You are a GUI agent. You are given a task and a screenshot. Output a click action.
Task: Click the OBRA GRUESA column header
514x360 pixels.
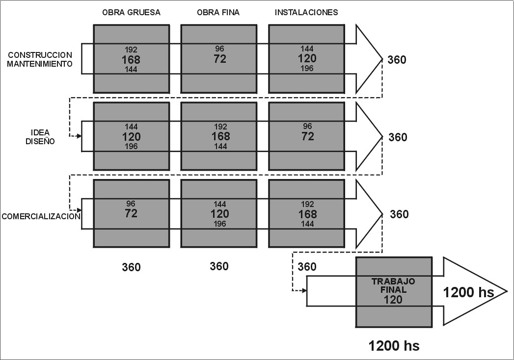tap(131, 13)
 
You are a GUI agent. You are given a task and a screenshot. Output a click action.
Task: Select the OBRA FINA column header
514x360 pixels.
tap(219, 13)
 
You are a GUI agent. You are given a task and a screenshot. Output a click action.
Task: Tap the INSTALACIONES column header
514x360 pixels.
tap(306, 13)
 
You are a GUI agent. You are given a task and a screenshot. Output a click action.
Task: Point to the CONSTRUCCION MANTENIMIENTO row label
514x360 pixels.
tap(40, 59)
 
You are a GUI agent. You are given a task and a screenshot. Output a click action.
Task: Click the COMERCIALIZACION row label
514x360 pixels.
tap(41, 216)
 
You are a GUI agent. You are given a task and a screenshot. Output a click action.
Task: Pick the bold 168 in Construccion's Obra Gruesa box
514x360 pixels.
tap(131, 60)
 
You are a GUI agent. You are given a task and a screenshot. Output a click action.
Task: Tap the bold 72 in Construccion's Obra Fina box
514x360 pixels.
tap(219, 59)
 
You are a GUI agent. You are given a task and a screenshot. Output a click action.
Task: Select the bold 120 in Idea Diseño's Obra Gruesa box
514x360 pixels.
tap(131, 137)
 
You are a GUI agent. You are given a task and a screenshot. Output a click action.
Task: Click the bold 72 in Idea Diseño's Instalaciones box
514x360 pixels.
tap(307, 136)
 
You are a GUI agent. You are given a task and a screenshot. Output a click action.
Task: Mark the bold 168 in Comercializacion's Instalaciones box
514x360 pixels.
tap(307, 214)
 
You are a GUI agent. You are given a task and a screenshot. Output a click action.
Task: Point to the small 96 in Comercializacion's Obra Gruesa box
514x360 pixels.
tap(131, 204)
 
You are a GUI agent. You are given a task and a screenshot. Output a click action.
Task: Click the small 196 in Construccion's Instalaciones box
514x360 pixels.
tap(307, 69)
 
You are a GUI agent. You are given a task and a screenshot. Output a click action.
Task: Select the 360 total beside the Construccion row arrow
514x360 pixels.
tap(397, 60)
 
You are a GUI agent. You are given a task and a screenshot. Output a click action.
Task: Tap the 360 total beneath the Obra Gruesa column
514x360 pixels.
tap(131, 267)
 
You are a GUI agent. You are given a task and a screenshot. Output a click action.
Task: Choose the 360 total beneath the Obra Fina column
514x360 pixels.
tap(219, 266)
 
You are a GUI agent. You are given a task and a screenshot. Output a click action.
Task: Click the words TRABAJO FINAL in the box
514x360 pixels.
tap(393, 285)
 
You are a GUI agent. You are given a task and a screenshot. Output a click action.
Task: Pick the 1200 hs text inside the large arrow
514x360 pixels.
tap(468, 293)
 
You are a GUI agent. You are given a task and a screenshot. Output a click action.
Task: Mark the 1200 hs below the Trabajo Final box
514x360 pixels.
tap(394, 346)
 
